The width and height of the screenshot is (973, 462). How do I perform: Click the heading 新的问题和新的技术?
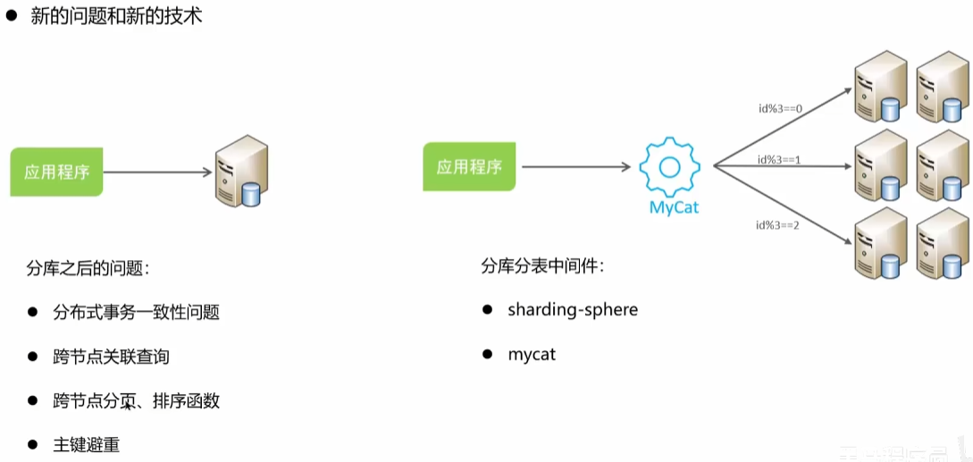116,16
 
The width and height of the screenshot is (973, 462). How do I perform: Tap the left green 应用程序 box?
56,172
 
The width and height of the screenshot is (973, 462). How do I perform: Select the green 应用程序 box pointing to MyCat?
469,167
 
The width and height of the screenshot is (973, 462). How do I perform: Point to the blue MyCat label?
675,207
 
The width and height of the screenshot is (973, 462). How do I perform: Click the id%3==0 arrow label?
780,110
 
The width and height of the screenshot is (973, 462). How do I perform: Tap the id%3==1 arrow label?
779,159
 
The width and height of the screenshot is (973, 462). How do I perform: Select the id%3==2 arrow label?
779,224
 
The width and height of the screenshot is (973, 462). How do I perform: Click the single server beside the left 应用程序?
242,171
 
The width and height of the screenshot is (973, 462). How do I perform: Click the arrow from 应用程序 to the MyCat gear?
576,166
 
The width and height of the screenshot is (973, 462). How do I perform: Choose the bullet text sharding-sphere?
573,310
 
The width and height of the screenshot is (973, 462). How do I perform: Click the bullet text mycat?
532,355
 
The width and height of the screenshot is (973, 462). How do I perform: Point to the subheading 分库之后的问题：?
89,267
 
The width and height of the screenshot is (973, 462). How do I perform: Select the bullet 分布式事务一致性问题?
136,312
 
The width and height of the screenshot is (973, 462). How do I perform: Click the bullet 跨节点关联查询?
111,357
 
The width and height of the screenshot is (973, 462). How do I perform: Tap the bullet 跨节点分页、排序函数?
136,400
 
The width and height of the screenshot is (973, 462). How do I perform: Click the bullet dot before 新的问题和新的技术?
13,16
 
